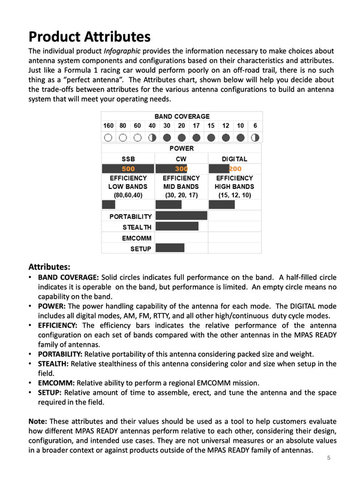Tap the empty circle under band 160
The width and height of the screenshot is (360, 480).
[x=108, y=137]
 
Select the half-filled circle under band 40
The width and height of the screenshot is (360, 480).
[x=152, y=137]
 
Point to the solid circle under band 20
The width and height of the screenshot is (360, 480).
[x=181, y=137]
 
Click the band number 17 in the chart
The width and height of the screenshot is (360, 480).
[x=196, y=126]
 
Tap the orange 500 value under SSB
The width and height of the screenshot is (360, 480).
[x=128, y=169]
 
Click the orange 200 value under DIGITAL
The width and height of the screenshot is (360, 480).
[x=235, y=169]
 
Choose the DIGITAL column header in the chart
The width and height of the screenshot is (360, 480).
[x=235, y=159]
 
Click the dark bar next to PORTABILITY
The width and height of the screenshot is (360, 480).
[x=181, y=216]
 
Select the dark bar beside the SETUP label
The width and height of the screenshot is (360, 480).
[x=170, y=248]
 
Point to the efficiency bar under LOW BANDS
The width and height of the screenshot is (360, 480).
[x=109, y=205]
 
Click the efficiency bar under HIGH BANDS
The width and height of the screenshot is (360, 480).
[x=221, y=205]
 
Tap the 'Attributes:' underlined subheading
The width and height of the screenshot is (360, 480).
[x=50, y=266]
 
